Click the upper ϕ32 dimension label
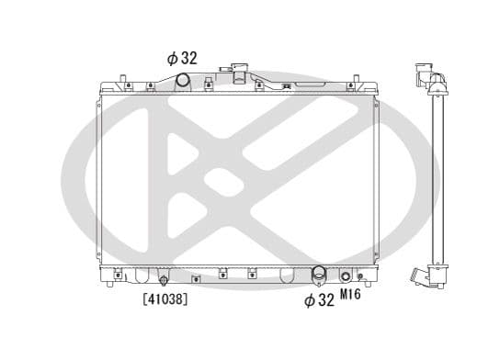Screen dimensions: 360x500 [x=181, y=58]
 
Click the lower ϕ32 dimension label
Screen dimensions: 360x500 [x=319, y=300]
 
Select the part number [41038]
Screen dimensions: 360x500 [x=165, y=298]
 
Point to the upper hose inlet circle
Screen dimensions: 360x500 [x=182, y=82]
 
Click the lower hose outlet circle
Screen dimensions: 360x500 [x=319, y=274]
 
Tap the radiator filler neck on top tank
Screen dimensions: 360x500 [x=241, y=73]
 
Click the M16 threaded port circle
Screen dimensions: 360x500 [x=346, y=276]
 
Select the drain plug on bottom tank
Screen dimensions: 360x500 [x=164, y=279]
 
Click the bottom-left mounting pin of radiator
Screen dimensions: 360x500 [x=111, y=282]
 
